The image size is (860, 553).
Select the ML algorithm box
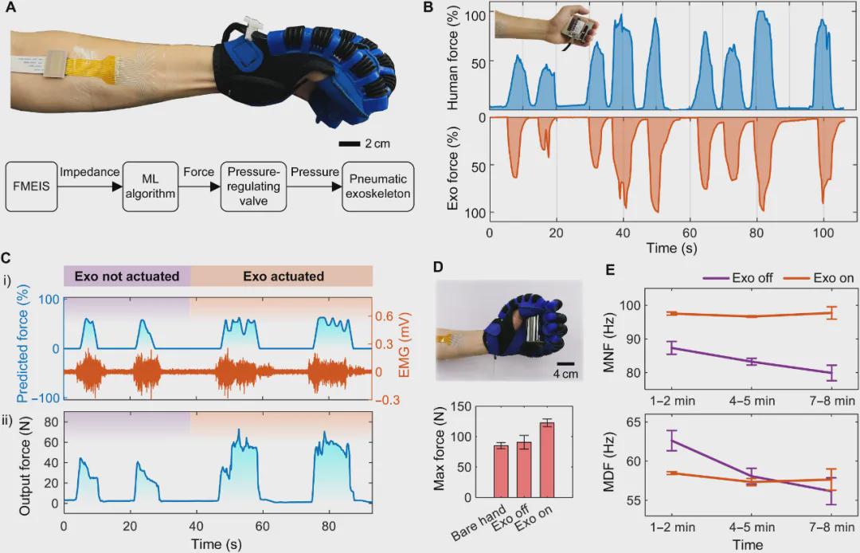pos(149,186)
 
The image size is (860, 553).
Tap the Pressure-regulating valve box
pos(253,186)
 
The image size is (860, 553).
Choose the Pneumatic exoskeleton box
pos(378,186)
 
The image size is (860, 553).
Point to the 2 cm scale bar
pos(350,144)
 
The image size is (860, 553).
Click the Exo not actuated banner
pos(127,276)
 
